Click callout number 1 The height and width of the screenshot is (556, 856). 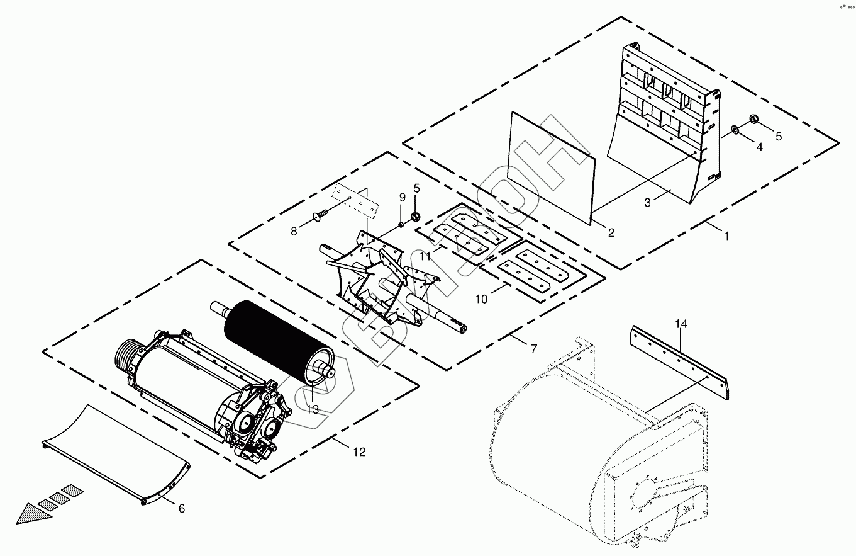[726, 236]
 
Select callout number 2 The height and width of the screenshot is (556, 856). [611, 232]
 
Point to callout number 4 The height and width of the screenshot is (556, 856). [759, 147]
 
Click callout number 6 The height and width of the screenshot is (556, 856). [182, 508]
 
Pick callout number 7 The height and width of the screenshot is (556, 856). [533, 348]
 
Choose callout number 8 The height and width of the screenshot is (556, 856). [294, 231]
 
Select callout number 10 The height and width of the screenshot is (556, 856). [481, 299]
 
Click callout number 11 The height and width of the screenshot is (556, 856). [426, 256]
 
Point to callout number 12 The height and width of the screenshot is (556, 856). [359, 451]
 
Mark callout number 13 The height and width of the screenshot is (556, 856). [313, 409]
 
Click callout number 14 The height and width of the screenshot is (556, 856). [681, 324]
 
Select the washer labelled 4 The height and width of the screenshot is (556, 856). [735, 131]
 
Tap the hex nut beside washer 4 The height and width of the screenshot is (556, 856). [755, 120]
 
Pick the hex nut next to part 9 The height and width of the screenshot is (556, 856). [416, 217]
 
